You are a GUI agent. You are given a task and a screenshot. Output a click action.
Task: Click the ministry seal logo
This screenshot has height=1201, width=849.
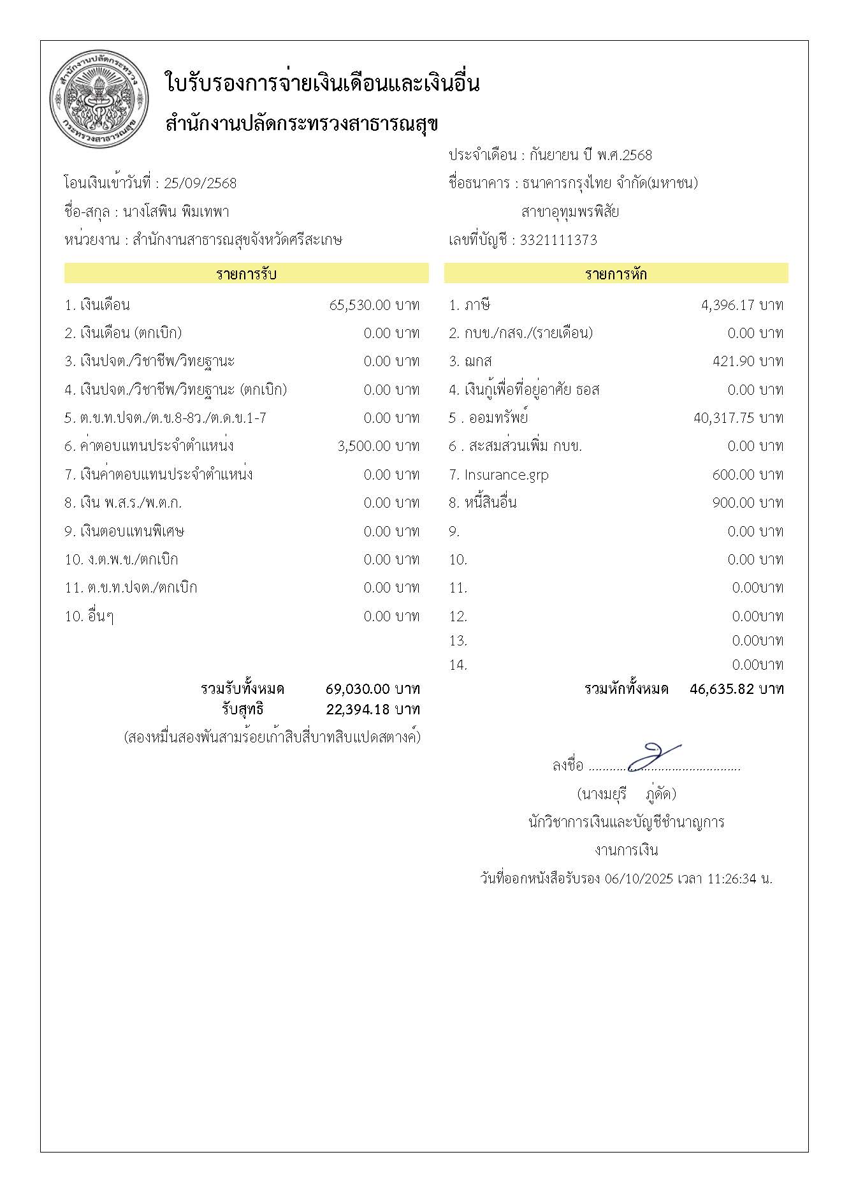point(99,100)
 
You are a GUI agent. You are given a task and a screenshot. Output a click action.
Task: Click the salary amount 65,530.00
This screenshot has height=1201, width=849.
point(359,305)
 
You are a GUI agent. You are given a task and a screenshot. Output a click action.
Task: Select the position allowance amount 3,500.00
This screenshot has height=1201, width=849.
point(364,446)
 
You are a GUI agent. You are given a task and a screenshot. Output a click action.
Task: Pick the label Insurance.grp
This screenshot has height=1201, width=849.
point(506,475)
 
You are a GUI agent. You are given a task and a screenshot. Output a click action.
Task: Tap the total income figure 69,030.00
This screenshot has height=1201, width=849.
point(358,689)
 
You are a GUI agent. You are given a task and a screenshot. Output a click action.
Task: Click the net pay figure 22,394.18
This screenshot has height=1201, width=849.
point(358,709)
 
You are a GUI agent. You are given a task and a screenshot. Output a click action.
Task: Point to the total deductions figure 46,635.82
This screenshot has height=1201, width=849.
point(722,689)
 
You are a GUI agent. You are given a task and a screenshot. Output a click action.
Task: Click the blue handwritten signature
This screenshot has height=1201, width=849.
point(653,757)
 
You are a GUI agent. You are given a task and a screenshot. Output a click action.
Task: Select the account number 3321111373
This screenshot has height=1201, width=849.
point(558,240)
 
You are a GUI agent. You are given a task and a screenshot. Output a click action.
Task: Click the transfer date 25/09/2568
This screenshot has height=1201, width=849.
point(200,184)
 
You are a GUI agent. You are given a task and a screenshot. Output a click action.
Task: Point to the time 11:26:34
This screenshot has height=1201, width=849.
point(732,878)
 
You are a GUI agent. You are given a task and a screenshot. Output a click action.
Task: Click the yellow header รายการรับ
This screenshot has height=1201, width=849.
point(246,274)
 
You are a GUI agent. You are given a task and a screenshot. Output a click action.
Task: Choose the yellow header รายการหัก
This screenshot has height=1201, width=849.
point(616,274)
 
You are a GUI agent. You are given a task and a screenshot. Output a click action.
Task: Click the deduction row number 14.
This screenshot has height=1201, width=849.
point(458,665)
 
